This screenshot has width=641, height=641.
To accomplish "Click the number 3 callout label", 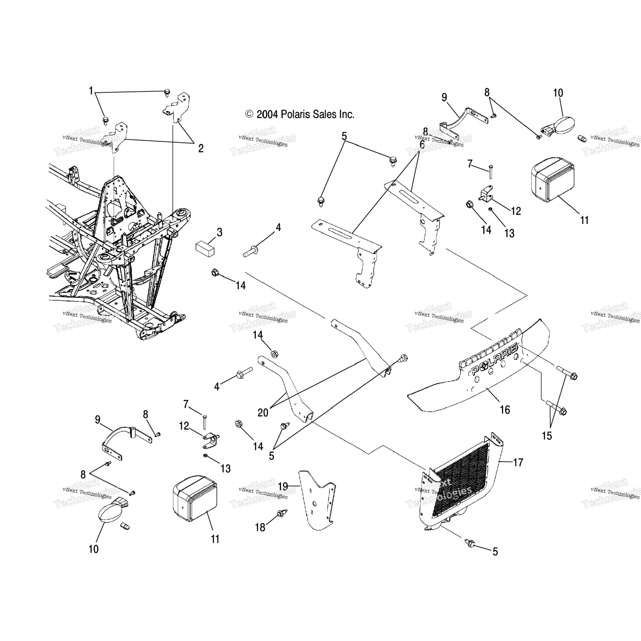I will (x=219, y=232).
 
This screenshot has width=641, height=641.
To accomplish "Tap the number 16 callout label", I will (x=505, y=410).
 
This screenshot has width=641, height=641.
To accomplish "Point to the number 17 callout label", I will (x=518, y=462).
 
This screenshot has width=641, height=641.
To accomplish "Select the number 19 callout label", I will (x=283, y=486).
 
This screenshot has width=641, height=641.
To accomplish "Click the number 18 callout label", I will (x=260, y=527).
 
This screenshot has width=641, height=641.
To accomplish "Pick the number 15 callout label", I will (x=547, y=435).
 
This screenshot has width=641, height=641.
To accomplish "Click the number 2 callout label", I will (x=200, y=148).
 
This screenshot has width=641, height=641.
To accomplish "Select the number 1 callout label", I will (x=91, y=91).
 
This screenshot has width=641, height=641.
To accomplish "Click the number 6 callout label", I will (x=422, y=144).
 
